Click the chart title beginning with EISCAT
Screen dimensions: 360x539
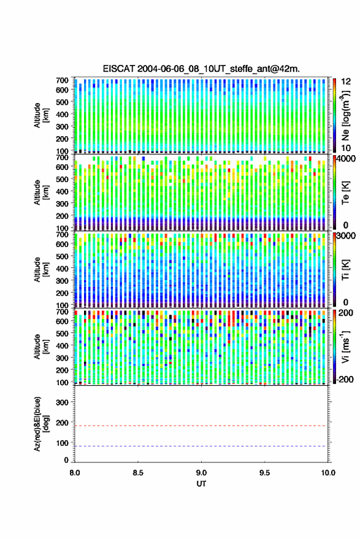click(201, 69)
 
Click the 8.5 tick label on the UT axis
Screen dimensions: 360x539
click(138, 473)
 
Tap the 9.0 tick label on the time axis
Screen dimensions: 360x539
click(201, 473)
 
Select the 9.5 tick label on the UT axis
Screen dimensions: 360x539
click(264, 473)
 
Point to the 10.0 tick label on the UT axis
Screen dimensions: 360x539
click(328, 473)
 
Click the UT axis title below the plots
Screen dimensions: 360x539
click(201, 484)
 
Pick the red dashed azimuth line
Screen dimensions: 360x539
click(201, 426)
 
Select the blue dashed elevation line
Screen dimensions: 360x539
click(201, 446)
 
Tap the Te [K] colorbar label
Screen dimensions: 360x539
click(345, 193)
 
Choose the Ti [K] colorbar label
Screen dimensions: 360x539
click(345, 270)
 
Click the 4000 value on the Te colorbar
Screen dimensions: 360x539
click(346, 159)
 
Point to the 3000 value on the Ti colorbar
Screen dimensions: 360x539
click(346, 236)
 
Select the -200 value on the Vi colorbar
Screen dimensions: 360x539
click(345, 379)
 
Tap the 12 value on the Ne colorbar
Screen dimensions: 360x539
click(347, 82)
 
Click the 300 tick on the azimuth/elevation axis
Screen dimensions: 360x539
click(62, 402)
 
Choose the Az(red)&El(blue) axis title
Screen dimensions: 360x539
click(41, 424)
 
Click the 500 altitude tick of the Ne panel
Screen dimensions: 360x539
click(62, 102)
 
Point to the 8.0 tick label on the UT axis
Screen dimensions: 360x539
click(75, 473)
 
